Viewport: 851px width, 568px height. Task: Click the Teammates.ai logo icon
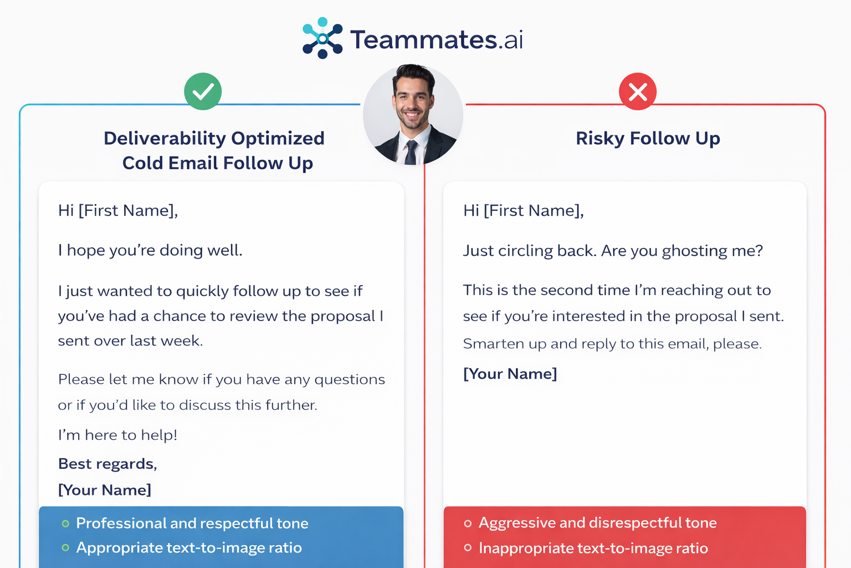322,38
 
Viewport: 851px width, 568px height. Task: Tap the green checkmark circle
203,92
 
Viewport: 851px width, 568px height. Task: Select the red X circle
638,92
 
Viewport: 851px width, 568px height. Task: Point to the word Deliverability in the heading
165,138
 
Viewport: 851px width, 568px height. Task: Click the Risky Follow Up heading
648,138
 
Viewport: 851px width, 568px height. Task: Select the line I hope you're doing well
150,250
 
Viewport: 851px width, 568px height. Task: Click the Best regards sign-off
107,464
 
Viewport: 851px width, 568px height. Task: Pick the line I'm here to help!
117,435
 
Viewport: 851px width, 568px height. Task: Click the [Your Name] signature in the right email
510,374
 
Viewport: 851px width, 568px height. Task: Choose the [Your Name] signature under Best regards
104,490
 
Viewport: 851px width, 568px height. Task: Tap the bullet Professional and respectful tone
192,523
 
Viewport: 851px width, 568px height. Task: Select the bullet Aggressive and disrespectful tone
597,523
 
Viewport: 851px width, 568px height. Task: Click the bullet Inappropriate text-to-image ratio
593,548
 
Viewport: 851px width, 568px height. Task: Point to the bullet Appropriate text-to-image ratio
188,547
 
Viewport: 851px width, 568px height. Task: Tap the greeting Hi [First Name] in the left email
118,211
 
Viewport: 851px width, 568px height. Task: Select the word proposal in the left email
342,316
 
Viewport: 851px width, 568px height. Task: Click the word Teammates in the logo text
423,39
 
